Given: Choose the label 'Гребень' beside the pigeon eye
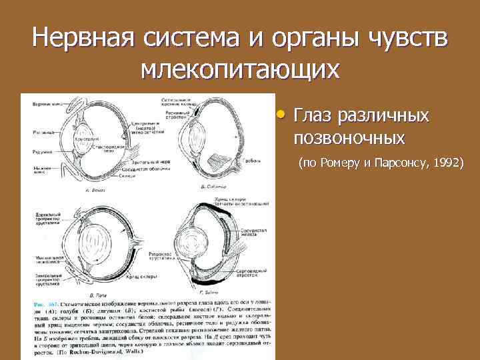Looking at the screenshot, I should pyautogui.click(x=251, y=161).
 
